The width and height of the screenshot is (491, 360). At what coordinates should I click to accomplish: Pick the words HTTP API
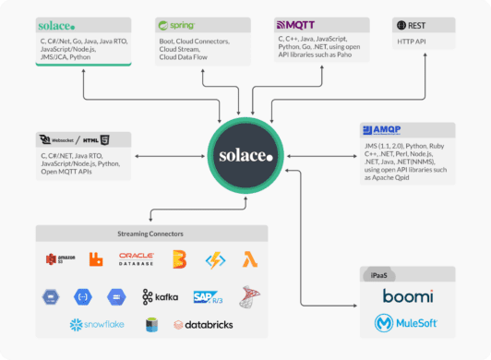[413, 42]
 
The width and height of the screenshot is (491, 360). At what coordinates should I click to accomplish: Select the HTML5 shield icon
[106, 140]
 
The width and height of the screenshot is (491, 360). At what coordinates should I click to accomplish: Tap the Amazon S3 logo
[59, 260]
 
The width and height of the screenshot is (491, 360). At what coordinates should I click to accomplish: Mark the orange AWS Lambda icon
[249, 259]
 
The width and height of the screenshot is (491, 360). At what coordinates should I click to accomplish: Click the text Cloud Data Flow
[188, 57]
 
